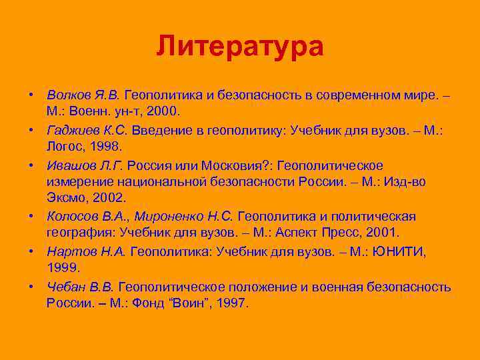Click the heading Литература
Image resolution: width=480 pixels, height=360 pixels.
coord(240,47)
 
